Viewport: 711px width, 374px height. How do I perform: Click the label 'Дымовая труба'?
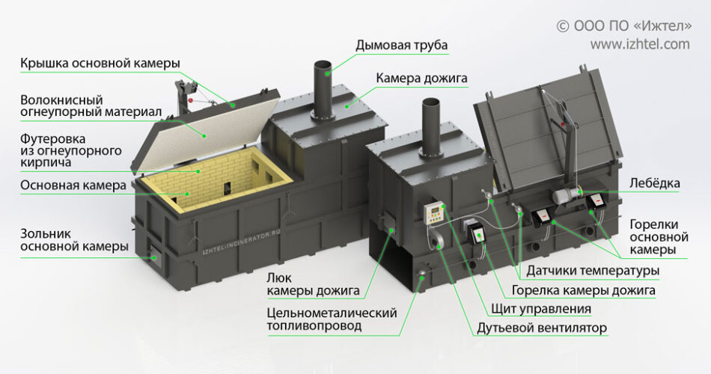[401, 46]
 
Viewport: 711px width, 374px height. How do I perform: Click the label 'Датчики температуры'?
[593, 270]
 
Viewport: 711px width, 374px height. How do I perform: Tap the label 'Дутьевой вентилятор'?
[542, 328]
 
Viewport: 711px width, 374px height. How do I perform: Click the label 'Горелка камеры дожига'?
[584, 289]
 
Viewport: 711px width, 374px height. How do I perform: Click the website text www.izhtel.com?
[640, 44]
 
